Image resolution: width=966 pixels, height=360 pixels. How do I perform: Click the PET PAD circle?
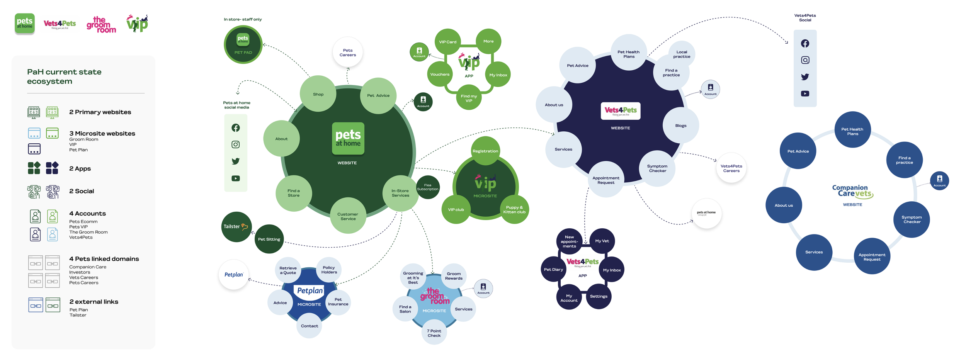click(243, 44)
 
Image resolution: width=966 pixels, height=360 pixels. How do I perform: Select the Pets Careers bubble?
click(347, 53)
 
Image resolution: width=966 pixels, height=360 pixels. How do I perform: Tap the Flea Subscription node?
click(428, 187)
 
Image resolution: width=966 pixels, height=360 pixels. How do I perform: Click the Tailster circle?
click(236, 227)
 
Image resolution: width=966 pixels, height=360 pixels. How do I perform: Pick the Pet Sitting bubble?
click(269, 239)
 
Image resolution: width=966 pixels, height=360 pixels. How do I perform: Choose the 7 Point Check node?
click(434, 333)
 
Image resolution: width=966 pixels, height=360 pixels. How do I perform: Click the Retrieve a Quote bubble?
click(288, 270)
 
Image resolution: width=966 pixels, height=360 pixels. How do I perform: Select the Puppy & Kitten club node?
click(514, 210)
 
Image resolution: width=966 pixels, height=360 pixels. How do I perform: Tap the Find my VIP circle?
click(469, 98)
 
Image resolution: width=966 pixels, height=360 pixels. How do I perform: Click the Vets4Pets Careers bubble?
click(731, 168)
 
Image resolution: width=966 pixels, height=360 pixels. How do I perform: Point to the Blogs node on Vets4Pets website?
click(680, 126)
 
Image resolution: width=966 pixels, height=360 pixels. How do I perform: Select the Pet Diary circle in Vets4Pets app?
click(553, 270)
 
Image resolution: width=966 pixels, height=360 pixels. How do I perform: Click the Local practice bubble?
click(682, 54)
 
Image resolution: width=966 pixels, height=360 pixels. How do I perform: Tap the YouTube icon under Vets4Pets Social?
click(805, 93)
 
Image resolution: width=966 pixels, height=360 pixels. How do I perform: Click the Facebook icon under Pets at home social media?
click(236, 128)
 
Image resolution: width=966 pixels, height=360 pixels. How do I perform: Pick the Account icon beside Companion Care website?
click(939, 180)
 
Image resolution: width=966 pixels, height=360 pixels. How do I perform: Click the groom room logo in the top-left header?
click(101, 24)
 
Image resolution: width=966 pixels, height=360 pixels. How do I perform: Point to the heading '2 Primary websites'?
click(100, 112)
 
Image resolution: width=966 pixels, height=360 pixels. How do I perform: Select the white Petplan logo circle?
click(234, 275)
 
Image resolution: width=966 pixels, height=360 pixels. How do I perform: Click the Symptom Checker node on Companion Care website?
click(912, 219)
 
